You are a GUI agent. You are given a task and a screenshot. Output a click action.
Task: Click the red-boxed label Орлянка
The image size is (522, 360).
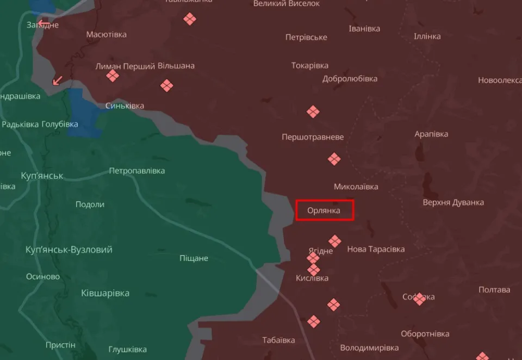(324, 210)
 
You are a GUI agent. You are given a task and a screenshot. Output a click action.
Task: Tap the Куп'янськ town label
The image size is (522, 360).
(42, 176)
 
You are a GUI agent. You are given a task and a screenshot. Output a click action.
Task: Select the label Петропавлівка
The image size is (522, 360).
(136, 171)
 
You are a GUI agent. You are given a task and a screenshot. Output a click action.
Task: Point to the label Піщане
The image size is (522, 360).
(194, 258)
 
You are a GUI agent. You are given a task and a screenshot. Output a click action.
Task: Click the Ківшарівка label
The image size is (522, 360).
(105, 293)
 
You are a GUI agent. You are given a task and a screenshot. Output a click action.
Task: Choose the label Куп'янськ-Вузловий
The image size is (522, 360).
(69, 250)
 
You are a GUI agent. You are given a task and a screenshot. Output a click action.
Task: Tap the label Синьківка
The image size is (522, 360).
(125, 105)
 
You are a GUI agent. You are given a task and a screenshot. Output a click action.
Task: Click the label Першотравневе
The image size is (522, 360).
(313, 137)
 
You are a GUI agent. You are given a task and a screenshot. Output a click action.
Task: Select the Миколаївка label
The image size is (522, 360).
(356, 187)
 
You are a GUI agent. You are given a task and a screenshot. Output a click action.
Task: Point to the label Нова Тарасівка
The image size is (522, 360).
(376, 249)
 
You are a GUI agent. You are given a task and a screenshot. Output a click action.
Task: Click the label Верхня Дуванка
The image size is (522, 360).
(453, 202)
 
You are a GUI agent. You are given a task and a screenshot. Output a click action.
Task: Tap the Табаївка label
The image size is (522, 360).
(278, 340)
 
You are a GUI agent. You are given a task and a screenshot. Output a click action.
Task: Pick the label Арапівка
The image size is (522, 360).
(431, 134)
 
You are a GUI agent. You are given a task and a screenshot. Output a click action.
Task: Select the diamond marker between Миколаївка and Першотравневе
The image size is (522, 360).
(334, 159)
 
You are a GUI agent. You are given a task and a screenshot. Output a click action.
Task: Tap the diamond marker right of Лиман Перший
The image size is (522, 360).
(113, 76)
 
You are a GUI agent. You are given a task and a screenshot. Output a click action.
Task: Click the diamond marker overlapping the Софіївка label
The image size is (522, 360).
(419, 298)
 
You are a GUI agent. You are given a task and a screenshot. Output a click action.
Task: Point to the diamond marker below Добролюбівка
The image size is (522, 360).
(313, 112)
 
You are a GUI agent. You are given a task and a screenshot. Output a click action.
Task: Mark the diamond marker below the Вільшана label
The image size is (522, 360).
(166, 85)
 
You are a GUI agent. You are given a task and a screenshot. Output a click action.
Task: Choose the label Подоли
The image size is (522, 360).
(90, 204)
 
